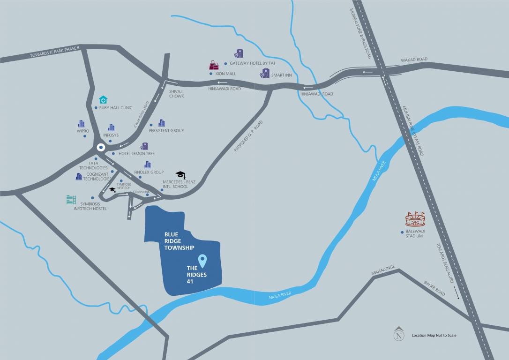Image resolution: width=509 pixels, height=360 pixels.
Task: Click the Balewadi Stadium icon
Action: tap(415, 219)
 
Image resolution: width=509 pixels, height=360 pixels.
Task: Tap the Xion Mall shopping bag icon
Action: tap(214, 65)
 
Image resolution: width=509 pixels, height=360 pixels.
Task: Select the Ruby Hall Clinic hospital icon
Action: tap(103, 99)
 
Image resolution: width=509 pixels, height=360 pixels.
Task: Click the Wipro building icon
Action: tap(82, 124)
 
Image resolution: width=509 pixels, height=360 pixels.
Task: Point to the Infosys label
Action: tap(111, 135)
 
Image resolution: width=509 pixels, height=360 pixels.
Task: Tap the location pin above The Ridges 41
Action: tap(202, 260)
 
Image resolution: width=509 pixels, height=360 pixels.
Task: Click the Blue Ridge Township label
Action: tap(179, 240)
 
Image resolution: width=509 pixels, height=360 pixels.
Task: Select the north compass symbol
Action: tap(399, 334)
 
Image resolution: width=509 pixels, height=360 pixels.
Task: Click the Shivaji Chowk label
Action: tap(177, 93)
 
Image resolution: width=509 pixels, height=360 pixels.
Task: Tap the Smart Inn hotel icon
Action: tap(265, 74)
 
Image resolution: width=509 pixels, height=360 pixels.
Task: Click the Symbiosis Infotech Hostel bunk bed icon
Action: tap(71, 200)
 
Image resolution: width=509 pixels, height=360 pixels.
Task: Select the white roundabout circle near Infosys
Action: tap(100, 148)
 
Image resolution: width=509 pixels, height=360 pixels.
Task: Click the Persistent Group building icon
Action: tap(162, 123)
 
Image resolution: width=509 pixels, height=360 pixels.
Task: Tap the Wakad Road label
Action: tap(414, 60)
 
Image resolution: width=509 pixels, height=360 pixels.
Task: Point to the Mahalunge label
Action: tap(383, 270)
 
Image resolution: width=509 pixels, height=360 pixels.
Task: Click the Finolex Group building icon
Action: tap(148, 165)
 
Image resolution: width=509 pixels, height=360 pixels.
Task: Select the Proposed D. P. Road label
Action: tap(248, 136)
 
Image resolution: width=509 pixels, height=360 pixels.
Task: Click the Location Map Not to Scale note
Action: tap(434, 335)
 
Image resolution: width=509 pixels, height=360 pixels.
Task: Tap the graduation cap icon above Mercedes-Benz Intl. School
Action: tap(180, 175)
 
